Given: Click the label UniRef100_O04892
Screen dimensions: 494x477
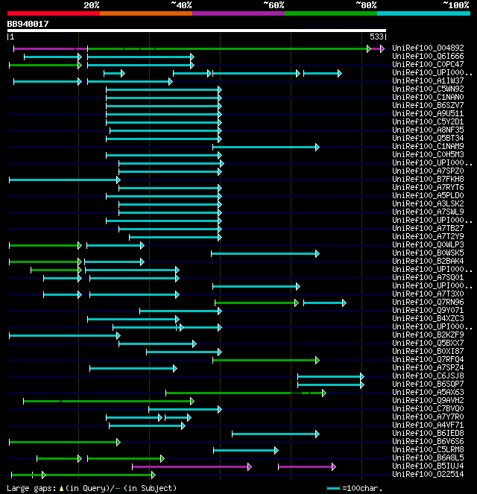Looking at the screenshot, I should [x=428, y=48].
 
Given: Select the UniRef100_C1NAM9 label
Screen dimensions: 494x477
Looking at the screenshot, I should [x=428, y=147].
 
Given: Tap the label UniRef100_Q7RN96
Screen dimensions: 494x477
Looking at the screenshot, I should [x=428, y=303].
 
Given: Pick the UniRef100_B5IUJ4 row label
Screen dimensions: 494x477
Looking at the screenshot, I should [x=428, y=466].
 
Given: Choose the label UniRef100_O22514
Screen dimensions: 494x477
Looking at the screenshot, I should [x=428, y=475].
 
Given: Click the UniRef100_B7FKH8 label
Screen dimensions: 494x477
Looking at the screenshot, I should [x=428, y=180].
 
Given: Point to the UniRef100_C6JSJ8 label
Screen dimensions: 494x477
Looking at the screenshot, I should [x=428, y=376].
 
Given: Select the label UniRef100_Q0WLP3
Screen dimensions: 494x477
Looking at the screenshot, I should [x=428, y=245].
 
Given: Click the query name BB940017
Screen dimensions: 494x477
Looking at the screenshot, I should [x=28, y=24].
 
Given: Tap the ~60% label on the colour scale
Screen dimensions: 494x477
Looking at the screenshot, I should [x=274, y=5].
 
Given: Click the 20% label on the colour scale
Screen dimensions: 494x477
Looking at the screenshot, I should [x=91, y=5].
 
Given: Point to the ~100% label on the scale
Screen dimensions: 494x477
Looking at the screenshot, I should [x=455, y=5].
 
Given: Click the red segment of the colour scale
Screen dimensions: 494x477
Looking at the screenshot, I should [x=53, y=13].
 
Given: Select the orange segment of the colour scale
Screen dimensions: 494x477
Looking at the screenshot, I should [x=145, y=13].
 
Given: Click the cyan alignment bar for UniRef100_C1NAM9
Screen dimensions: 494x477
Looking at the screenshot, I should [x=265, y=147].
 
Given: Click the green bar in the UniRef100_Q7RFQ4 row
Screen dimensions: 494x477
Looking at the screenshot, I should [x=265, y=360].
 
